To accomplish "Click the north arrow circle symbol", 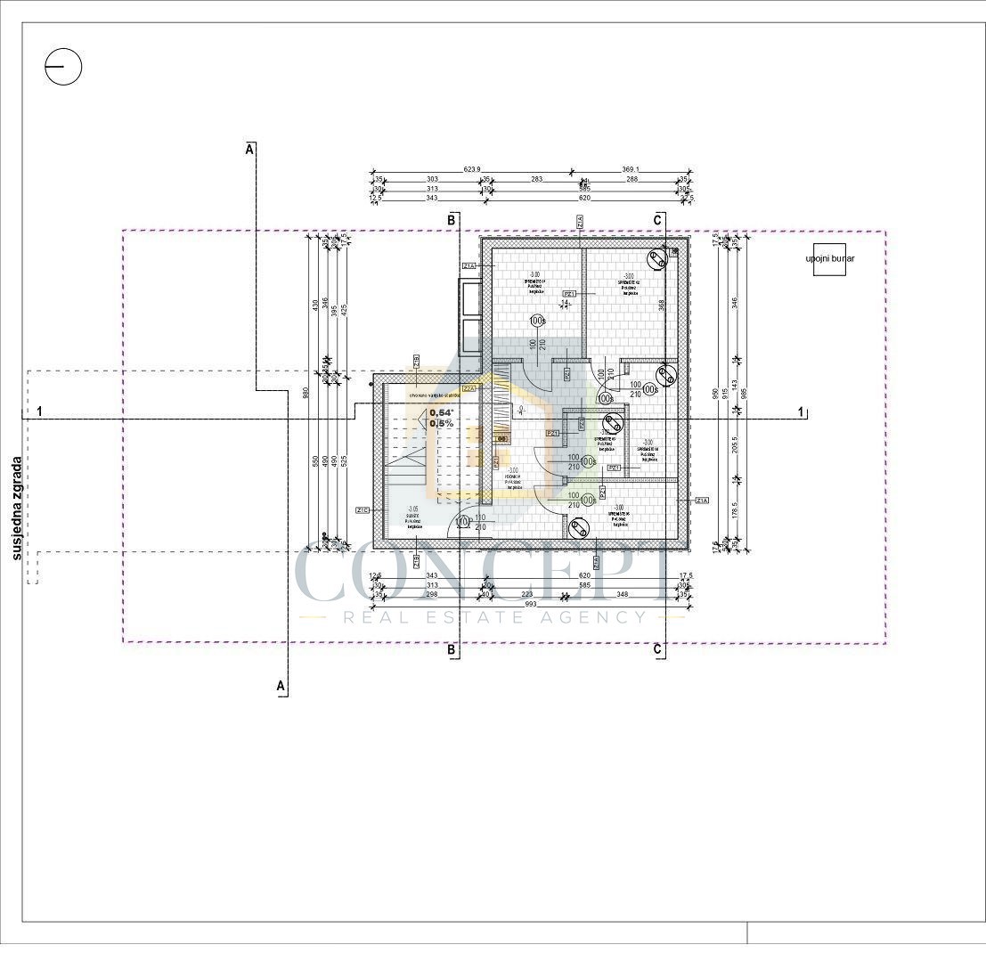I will point(63,67).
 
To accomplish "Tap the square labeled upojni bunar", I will point(829,258).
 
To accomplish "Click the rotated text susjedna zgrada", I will point(17,509).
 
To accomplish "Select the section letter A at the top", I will point(250,150).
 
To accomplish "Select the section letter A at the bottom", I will point(281,686).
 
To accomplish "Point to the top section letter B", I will point(452,219).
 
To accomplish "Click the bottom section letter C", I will point(657,650).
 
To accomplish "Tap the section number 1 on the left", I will point(39,411).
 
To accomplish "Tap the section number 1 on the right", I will point(801,411).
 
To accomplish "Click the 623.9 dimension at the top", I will point(472,169).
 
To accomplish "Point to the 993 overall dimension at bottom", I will point(533,605).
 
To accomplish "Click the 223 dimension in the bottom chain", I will point(527,594).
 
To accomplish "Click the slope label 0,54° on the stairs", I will point(442,412).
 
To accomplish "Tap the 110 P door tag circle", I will point(462,522).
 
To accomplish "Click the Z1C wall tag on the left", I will point(363,510).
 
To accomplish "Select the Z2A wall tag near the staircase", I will point(469,388).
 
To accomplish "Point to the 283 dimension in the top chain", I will point(537,179).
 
